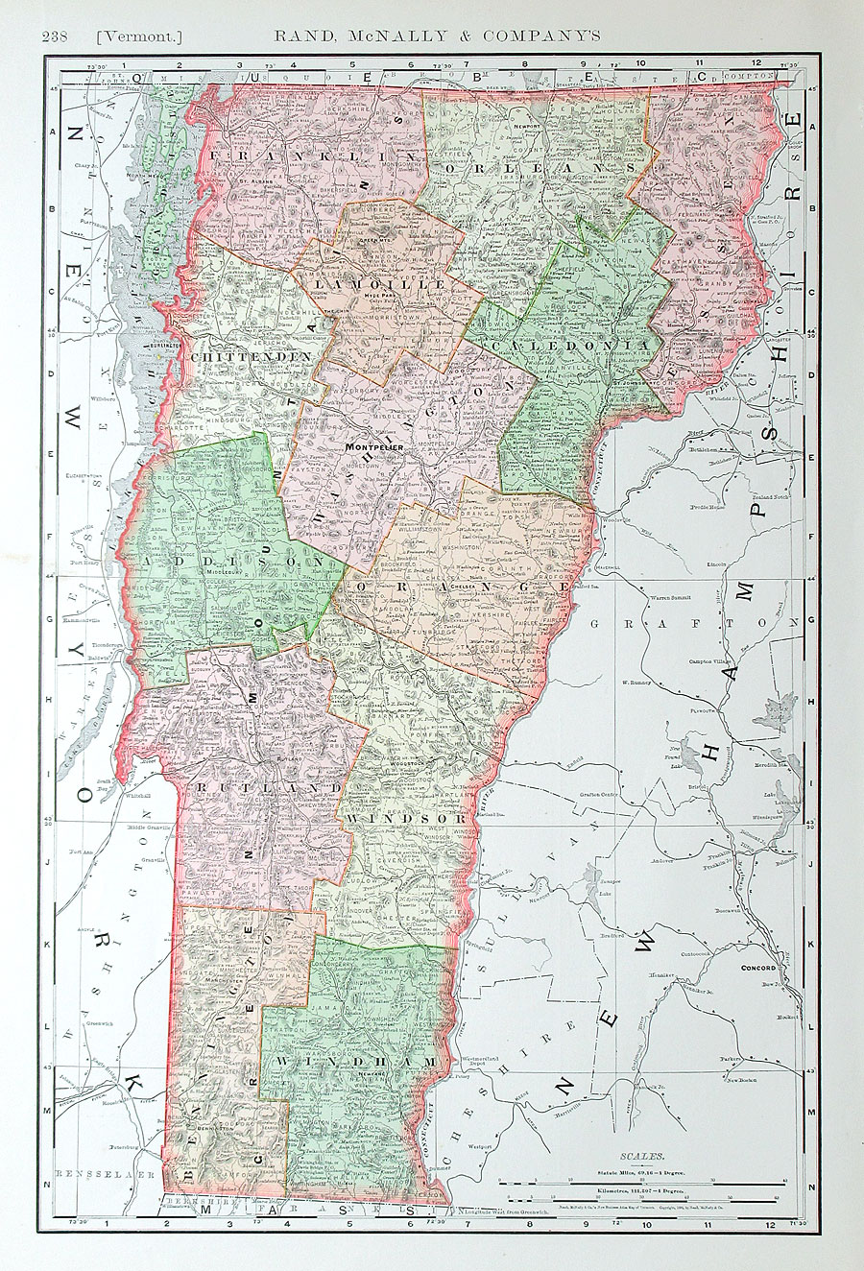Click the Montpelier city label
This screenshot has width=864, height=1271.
[x=371, y=447]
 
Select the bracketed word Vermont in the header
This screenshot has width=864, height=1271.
[x=139, y=36]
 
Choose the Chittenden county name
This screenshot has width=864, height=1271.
[x=252, y=357]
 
